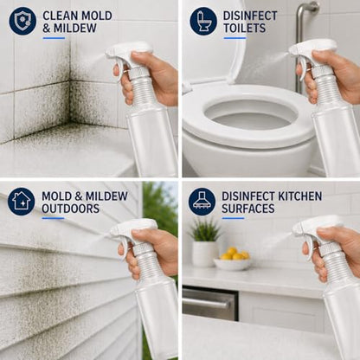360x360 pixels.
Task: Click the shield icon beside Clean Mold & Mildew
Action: point(22,21)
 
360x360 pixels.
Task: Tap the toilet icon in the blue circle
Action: point(203,21)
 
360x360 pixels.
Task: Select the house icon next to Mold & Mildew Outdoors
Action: point(22,202)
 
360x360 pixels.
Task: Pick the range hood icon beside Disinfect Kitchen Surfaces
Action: point(202,202)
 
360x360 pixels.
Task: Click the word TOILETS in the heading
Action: point(244,29)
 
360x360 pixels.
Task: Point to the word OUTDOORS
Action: point(71,209)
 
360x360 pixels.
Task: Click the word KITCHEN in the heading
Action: point(299,196)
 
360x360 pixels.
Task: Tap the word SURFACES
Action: point(247,209)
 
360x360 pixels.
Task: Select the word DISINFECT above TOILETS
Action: point(250,16)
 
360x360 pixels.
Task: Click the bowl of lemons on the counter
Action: point(233,260)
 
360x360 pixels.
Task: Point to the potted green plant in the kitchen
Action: point(205,242)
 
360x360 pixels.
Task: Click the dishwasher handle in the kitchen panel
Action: point(207,303)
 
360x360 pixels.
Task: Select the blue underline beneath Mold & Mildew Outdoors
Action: point(53,218)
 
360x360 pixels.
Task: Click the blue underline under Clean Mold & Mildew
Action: point(54,38)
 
